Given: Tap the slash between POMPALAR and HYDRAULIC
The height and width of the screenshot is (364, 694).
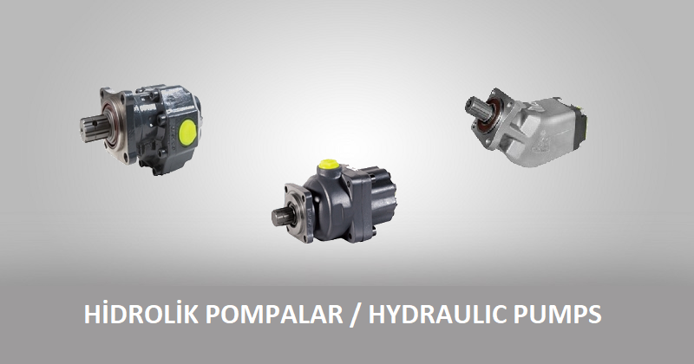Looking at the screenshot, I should tap(354, 315).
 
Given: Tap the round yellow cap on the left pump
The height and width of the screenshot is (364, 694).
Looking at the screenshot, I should tap(187, 133).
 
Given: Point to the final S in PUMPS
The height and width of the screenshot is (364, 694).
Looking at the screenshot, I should tap(593, 315).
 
